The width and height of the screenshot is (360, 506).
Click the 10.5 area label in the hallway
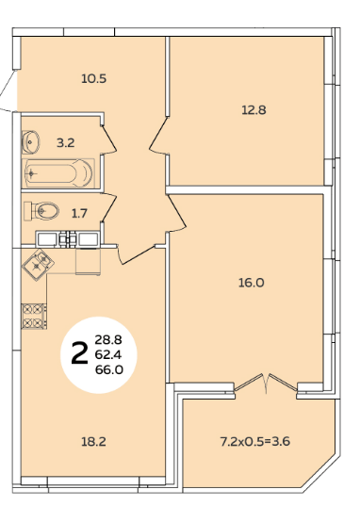(93, 79)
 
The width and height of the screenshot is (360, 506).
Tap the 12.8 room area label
(254, 110)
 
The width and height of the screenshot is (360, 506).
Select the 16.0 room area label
(252, 283)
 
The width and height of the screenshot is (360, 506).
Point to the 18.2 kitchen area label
(93, 442)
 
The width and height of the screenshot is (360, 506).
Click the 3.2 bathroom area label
(66, 142)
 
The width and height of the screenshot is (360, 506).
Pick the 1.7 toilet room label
(79, 214)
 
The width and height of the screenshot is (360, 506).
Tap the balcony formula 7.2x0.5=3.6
(255, 441)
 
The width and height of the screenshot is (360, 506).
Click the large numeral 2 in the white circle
(79, 353)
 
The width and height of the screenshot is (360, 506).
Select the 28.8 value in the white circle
(108, 340)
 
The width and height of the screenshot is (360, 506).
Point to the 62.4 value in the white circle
(108, 355)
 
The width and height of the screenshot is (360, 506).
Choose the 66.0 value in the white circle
(109, 369)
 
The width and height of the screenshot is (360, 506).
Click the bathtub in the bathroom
(58, 173)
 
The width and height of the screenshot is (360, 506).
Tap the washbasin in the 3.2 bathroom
(31, 141)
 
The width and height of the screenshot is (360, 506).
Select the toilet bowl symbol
(41, 211)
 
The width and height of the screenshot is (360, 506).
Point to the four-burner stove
(34, 317)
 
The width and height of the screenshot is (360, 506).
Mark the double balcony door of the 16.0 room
(266, 384)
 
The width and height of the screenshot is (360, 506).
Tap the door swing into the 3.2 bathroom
(108, 139)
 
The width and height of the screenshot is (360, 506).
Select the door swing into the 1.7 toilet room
(109, 208)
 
